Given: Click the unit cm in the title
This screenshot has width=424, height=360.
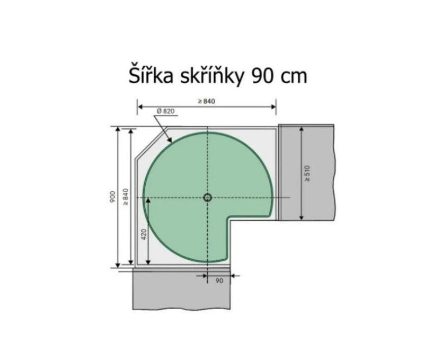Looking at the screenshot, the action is click(294, 77).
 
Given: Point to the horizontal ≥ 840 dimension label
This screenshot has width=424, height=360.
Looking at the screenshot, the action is click(206, 101).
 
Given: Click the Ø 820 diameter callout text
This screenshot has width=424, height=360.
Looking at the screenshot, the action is click(165, 111).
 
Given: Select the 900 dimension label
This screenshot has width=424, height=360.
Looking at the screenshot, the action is click(112, 197).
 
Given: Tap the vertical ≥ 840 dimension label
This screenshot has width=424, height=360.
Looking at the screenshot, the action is click(126, 197).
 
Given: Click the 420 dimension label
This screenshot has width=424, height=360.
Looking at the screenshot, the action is click(144, 234).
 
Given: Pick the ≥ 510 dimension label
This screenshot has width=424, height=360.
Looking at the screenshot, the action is click(307, 173).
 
